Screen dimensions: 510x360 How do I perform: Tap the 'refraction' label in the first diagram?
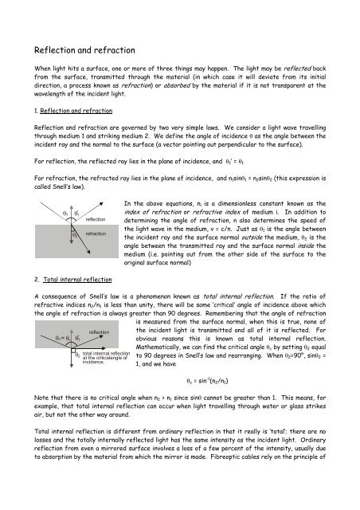pos(96,235)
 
